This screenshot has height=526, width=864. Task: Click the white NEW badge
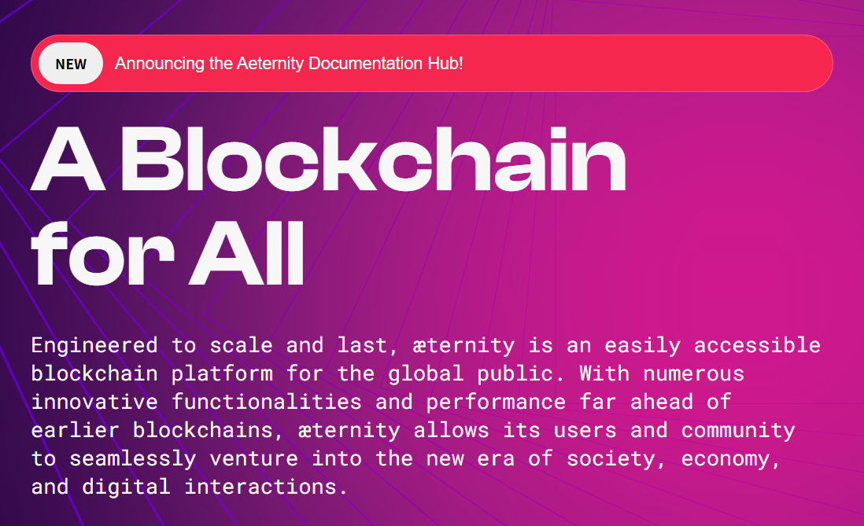point(71,64)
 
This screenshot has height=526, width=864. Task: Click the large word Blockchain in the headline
point(373,161)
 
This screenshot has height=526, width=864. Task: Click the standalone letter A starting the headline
point(67,161)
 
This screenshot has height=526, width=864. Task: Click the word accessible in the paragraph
point(757,345)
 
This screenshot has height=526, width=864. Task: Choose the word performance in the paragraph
point(496,402)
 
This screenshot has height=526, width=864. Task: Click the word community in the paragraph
point(738,430)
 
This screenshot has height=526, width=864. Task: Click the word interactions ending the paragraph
point(265,487)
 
